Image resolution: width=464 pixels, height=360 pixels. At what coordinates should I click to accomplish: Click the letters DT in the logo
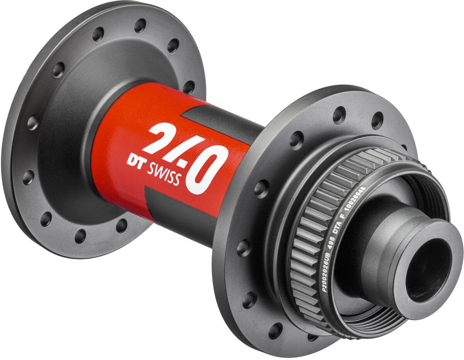[135, 160]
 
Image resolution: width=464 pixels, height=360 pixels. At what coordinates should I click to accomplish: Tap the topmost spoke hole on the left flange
[140, 25]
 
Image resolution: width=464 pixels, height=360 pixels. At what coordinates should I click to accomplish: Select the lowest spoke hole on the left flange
[80, 236]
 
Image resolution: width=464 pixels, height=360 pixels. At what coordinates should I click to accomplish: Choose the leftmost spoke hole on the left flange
[28, 177]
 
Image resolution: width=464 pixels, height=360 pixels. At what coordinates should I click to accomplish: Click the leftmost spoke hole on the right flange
[244, 248]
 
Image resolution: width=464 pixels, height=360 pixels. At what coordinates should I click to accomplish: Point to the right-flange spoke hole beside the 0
[262, 188]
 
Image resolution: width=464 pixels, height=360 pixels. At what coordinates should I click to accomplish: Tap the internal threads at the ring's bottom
[371, 317]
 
